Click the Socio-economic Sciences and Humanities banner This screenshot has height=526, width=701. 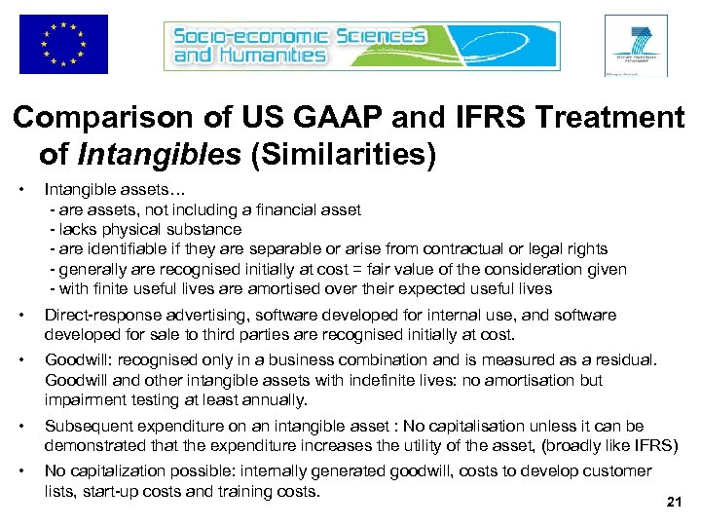362,44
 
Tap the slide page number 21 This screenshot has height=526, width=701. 672,502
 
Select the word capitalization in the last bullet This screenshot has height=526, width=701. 123,470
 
